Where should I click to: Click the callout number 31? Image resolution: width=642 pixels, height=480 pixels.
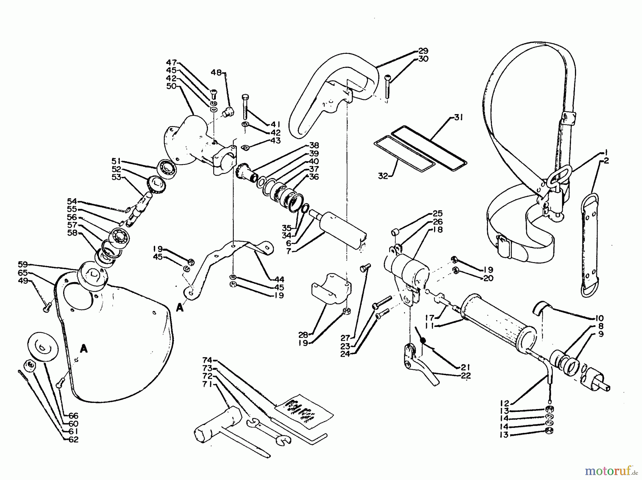[458, 117]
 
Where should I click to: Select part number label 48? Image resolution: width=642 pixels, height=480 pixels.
[216, 72]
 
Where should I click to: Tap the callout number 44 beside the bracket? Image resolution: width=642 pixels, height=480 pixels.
[279, 279]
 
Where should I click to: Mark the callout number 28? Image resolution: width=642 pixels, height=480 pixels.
[304, 335]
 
